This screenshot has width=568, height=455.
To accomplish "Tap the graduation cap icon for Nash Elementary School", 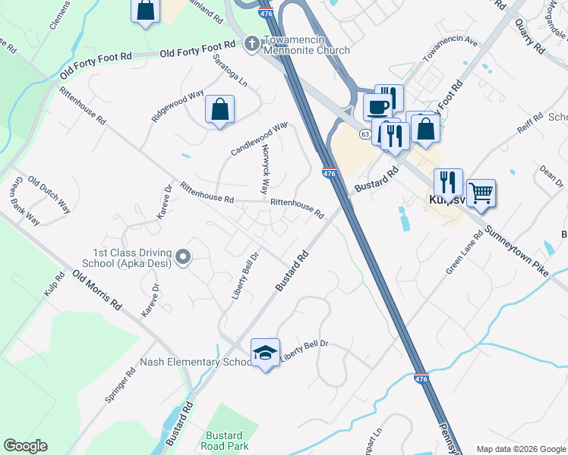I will point(265,352).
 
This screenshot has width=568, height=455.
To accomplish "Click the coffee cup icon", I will point(377,105).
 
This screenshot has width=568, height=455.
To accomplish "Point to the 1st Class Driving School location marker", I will point(182,259).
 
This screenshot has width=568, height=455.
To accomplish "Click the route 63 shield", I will point(365,134).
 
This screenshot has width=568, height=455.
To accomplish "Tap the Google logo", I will point(25,445).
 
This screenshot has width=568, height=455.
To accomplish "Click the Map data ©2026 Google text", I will point(520,449).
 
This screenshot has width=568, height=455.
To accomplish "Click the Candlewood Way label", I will point(259,138).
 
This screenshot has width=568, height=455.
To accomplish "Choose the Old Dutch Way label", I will point(49,194).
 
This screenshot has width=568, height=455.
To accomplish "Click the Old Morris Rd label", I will point(97,289).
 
